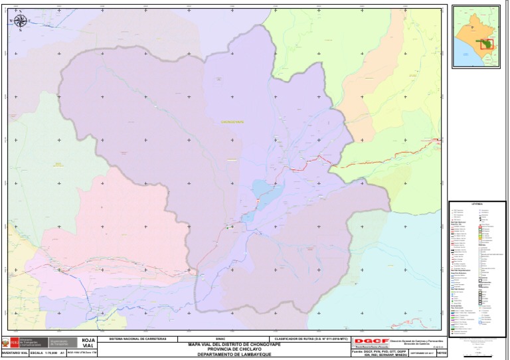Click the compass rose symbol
[x=20, y=21]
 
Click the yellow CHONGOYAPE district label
[x=232, y=122]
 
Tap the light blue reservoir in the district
[x=262, y=195]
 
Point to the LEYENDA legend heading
[x=476, y=204]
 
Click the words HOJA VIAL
[x=88, y=343]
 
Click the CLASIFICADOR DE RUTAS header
[x=311, y=338]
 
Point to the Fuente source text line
[x=375, y=351]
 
